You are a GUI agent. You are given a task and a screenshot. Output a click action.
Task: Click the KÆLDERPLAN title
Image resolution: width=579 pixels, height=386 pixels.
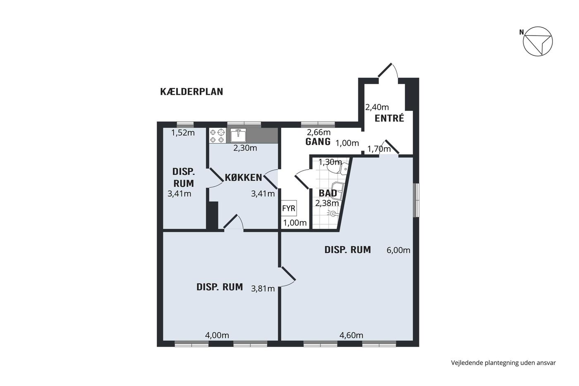click(x=191, y=92)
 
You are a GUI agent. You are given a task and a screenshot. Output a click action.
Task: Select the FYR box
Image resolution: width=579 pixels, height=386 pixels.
click(x=289, y=208)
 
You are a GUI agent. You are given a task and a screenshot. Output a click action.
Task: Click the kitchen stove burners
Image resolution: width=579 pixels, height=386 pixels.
click(x=217, y=136)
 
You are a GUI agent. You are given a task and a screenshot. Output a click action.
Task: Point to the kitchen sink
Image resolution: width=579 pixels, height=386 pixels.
click(x=238, y=135)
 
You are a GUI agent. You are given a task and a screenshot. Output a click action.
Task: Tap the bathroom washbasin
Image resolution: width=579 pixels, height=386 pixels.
click(x=337, y=191)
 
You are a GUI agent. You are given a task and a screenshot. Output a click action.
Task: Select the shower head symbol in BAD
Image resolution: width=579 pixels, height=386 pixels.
click(x=333, y=213)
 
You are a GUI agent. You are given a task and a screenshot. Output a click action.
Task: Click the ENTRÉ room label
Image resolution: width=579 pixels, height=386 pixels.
click(x=389, y=118)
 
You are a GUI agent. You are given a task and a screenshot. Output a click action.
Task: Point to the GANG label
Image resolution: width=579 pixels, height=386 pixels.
click(x=318, y=141)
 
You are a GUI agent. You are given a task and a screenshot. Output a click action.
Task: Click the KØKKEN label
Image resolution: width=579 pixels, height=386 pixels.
click(x=244, y=177)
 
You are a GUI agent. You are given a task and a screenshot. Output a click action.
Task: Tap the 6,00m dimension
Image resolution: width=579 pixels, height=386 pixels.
click(x=398, y=250)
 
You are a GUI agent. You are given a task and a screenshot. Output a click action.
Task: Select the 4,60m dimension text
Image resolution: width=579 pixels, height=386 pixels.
click(x=351, y=336)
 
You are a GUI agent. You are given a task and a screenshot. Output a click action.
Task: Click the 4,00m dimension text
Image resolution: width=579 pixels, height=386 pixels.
click(x=217, y=336)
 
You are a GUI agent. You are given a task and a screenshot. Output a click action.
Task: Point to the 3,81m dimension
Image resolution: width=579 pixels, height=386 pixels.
click(x=263, y=288)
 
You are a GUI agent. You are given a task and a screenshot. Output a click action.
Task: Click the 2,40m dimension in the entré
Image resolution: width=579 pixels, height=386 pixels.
click(x=377, y=107)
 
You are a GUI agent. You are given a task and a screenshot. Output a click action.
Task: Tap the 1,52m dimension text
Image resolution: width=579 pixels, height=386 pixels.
click(x=183, y=133)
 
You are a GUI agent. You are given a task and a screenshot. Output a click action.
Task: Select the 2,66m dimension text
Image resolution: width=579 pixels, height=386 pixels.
click(x=319, y=132)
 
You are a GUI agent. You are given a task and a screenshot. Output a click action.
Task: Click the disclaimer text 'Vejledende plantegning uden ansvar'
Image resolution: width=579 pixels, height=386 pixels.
click(x=503, y=363)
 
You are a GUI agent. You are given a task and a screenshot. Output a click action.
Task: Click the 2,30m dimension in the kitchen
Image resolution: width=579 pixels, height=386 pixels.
click(x=245, y=148)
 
